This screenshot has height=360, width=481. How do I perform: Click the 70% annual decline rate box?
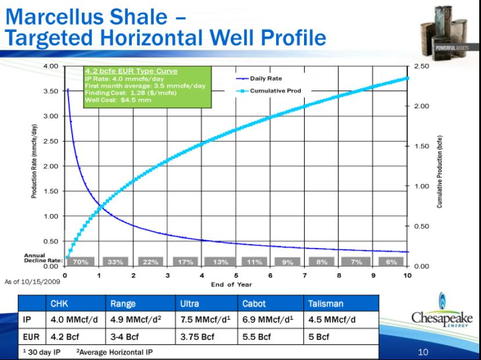point(81,261)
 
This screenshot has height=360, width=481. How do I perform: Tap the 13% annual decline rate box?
point(220,261)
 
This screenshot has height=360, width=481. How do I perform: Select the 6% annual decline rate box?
point(391,261)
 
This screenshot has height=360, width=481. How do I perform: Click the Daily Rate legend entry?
point(259,78)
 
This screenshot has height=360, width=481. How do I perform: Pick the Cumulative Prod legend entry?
point(269,90)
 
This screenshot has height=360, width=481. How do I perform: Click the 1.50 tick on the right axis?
point(421,146)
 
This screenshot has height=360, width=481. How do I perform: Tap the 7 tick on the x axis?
point(305,275)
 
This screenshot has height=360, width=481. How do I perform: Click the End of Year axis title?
point(232,285)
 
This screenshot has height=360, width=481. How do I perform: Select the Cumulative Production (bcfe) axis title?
point(440,172)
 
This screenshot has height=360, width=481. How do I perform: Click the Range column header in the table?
point(122,304)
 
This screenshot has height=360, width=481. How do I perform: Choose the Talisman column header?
point(326,304)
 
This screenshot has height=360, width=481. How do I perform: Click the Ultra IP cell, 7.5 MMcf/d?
point(205,319)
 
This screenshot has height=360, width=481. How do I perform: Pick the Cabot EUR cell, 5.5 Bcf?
point(256,337)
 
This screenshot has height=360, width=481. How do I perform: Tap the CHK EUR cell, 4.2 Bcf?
point(65,337)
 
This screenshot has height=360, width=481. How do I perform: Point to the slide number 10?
point(423,352)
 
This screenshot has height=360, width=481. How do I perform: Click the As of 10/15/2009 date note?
point(32,282)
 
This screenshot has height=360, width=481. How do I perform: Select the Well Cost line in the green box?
point(118,100)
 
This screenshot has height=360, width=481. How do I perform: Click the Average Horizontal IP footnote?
point(114,352)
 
